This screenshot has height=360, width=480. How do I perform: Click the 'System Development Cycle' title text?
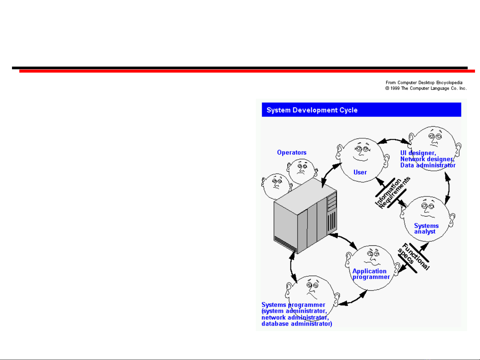point(312,110)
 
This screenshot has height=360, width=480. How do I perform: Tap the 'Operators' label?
point(292,152)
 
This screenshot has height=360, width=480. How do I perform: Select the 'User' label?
point(360,172)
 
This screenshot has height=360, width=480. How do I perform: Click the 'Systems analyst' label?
point(426,229)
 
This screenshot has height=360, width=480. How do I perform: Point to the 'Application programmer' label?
point(371,274)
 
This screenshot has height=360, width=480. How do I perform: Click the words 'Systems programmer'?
point(293,305)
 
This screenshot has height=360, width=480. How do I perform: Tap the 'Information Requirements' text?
point(392,193)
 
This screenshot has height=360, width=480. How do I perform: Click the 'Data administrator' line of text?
point(428,165)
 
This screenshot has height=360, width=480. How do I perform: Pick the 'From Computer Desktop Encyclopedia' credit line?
point(424,83)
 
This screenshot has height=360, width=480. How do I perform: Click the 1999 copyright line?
point(426,88)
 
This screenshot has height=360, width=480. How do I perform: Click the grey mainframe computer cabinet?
point(305,216)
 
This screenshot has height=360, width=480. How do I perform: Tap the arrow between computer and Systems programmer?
point(291,267)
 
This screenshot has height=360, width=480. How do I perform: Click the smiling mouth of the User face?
point(360,159)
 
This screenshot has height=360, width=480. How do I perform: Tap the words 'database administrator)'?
point(297,324)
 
